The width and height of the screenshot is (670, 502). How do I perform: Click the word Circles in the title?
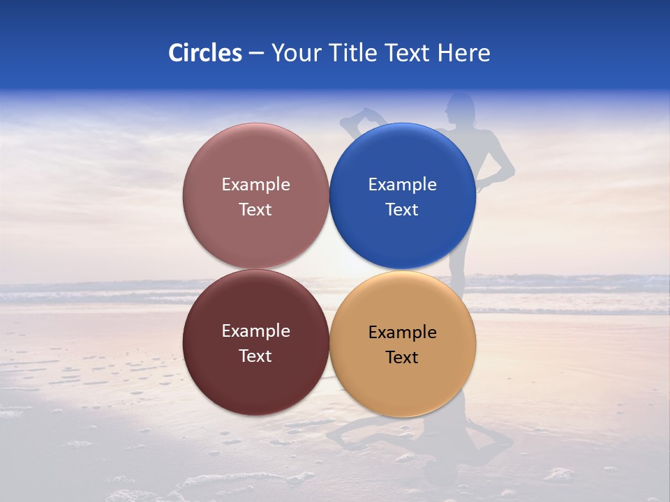205,53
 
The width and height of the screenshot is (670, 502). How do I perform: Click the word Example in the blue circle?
403,185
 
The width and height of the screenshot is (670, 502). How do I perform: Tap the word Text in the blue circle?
402,210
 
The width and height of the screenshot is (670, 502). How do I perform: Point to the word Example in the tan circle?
403,333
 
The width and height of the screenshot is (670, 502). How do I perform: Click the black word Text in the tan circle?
402,358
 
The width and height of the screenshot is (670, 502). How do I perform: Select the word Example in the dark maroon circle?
255,331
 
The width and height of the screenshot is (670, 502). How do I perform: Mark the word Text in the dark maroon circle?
255,356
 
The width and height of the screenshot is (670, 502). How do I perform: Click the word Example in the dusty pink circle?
255,185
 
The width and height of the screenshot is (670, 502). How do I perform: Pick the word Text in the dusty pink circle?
255,210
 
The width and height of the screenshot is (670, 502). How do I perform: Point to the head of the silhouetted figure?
461,108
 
